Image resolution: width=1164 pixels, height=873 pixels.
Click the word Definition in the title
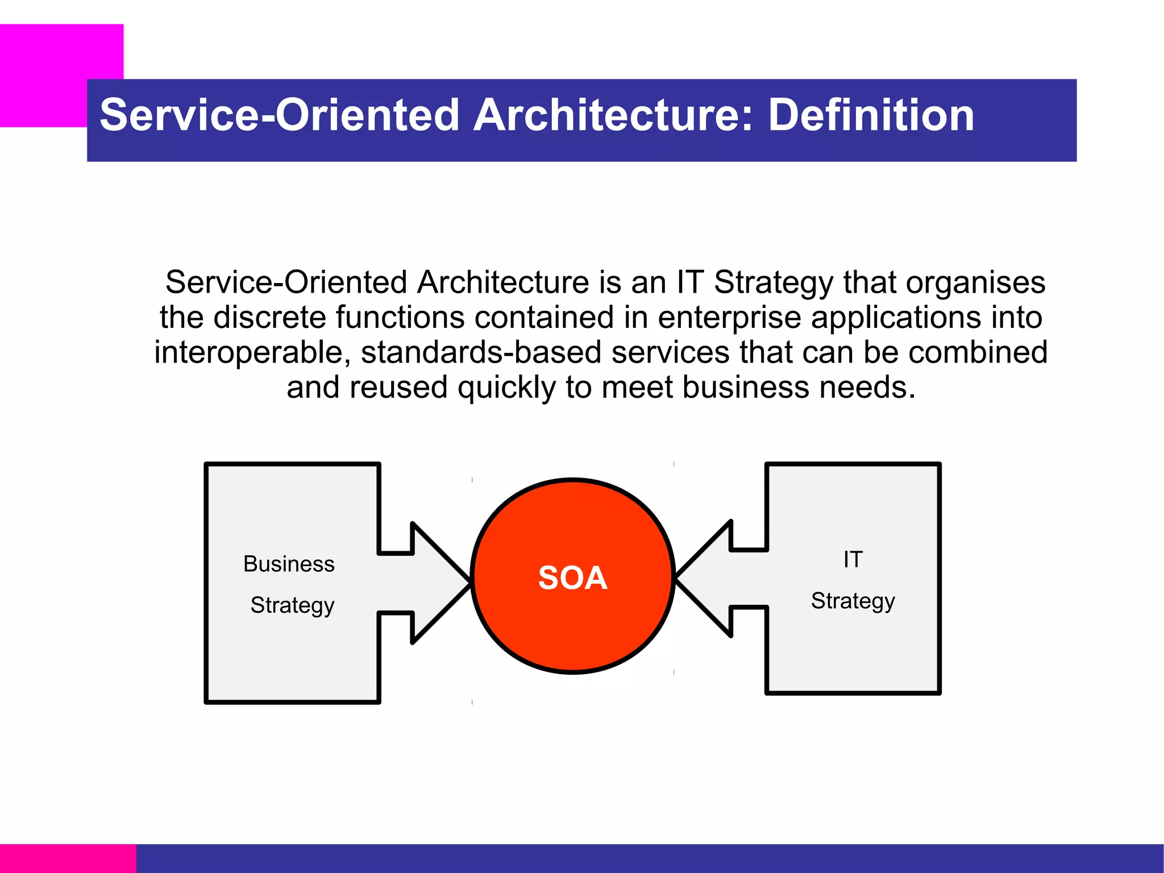pos(871,115)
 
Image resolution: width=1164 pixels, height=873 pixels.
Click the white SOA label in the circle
pos(573,578)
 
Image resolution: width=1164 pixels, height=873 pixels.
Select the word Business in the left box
pos(289,564)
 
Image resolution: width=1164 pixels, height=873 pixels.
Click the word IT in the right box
pos(853,560)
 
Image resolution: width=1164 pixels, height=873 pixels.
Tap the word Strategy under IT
pos(853,601)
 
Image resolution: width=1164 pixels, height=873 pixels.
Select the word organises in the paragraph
pos(975,283)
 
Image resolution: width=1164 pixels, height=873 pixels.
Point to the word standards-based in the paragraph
pos(481,353)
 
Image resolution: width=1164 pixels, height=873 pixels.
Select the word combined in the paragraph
pos(978,353)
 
